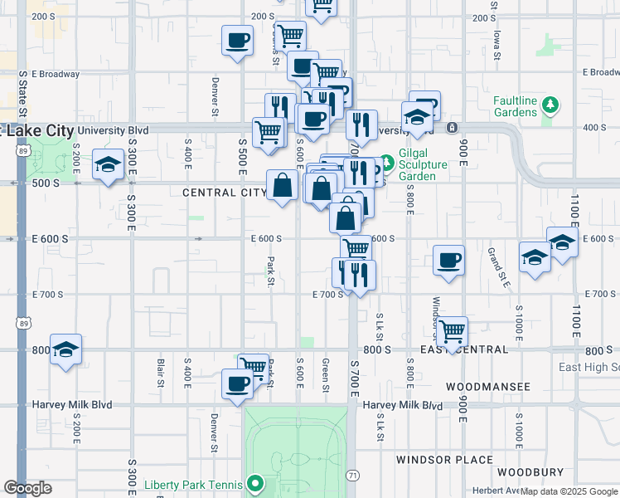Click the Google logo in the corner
tap(27, 488)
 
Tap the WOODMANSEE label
tap(487, 387)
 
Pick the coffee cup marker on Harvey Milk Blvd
tap(237, 384)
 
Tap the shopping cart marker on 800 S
tap(453, 331)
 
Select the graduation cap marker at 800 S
tap(65, 349)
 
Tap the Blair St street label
tap(160, 373)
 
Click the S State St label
tap(23, 93)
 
